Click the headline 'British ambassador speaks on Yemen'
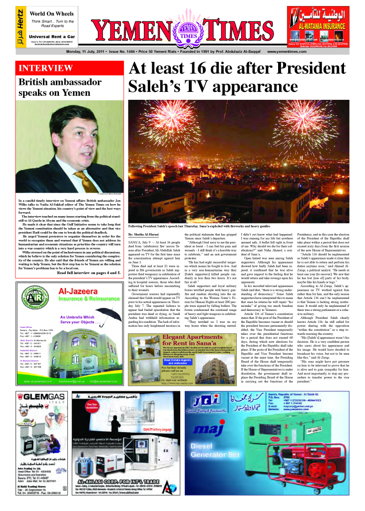coord(58,86)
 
